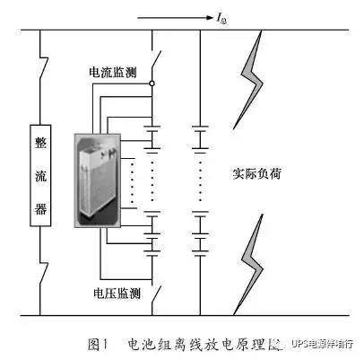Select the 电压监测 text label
coord(115,292)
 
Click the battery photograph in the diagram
coord(100,175)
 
